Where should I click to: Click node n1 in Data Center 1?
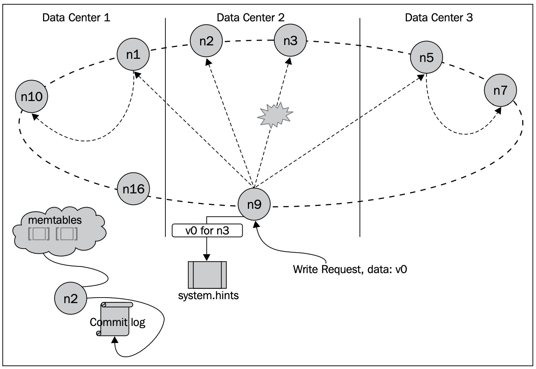coord(133,54)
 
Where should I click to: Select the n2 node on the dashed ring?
coord(206,41)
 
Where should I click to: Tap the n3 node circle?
coord(290,40)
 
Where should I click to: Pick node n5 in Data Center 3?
coord(426,58)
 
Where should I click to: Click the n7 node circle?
coord(500,90)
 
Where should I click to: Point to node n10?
coord(32,96)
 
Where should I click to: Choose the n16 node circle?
coord(133,189)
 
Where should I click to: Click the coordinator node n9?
coord(254,204)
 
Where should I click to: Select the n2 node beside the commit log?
coord(71,298)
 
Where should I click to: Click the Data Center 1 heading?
coord(76,17)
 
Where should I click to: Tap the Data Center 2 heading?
coord(251,17)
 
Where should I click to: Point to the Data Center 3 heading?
coord(439,17)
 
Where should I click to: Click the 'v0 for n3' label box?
coord(207,230)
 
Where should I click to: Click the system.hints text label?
coord(208,295)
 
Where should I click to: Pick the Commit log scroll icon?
coord(115,319)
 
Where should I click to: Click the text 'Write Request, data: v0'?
coord(350,269)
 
